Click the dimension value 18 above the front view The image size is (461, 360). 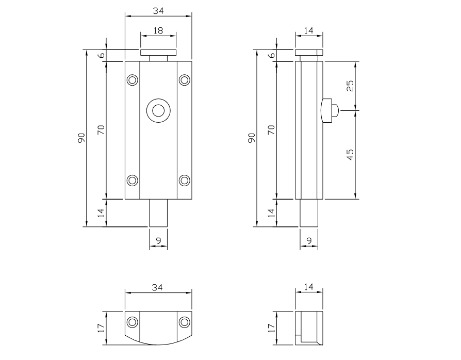click(158, 31)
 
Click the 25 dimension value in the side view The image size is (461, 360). click(350, 86)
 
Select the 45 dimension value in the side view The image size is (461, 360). click(350, 154)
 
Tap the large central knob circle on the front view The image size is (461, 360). click(158, 110)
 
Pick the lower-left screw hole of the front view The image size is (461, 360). click(133, 180)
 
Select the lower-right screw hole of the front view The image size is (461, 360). click(184, 180)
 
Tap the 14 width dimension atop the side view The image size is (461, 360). click(309, 31)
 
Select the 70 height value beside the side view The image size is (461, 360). click(271, 129)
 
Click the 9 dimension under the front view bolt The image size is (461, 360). click(158, 240)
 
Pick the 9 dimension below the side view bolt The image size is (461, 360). click(309, 240)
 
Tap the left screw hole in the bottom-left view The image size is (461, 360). click(133, 322)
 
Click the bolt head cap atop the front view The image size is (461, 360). click(158, 53)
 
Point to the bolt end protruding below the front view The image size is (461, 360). click(158, 212)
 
